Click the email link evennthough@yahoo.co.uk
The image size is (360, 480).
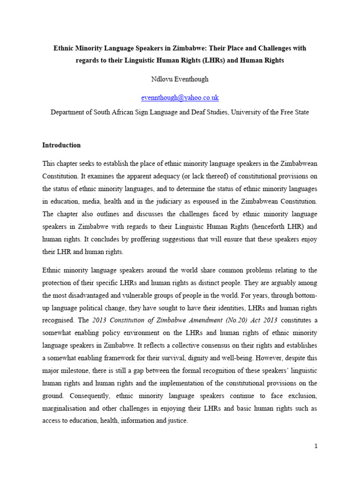[180, 97]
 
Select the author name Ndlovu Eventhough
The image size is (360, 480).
[180, 79]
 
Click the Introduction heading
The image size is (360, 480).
[61, 145]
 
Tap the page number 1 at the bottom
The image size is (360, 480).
[316, 446]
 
